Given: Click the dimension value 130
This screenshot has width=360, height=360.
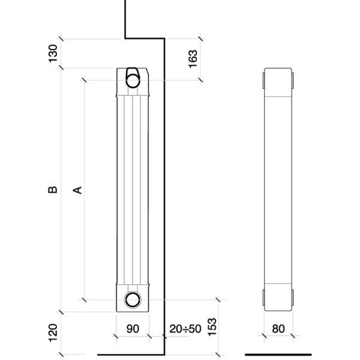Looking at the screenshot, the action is [53, 53].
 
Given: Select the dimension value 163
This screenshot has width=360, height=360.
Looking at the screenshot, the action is [193, 59].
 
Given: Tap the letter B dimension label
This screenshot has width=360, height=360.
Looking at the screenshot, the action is [53, 190].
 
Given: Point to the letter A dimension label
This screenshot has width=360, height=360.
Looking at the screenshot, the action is [77, 190].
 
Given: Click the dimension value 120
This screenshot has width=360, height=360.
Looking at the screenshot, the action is [53, 332].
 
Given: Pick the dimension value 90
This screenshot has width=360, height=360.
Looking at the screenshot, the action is [133, 329].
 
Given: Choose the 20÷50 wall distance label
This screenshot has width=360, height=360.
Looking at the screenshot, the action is [185, 329].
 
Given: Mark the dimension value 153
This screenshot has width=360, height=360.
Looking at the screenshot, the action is [212, 327].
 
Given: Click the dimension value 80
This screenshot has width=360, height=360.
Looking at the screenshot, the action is [278, 329].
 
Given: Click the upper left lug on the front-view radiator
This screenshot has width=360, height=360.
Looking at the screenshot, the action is [263, 80].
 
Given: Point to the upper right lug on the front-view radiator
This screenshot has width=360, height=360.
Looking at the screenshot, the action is [293, 80].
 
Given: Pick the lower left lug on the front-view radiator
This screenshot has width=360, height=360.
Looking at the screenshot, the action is [263, 298].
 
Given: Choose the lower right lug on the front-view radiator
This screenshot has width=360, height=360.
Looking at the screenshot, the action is [293, 298].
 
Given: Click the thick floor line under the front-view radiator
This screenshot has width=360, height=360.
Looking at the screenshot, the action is [278, 355].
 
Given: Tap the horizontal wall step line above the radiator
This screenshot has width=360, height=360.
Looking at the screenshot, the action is [145, 38].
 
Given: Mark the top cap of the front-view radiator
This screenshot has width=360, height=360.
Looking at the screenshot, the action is [278, 82].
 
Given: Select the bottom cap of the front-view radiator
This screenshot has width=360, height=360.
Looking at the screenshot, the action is [278, 298].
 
